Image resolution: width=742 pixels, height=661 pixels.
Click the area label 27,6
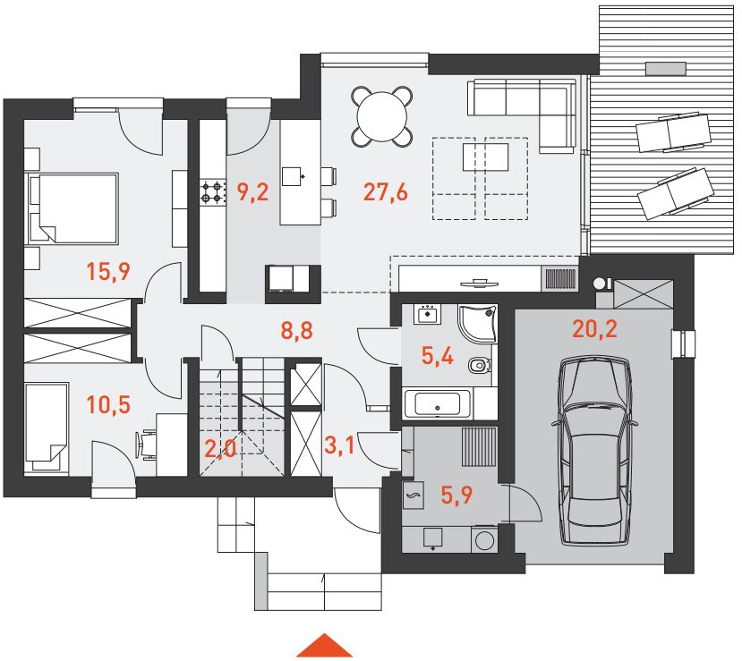385,192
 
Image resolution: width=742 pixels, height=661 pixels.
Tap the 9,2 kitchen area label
252,192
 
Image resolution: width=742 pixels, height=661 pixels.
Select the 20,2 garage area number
595,328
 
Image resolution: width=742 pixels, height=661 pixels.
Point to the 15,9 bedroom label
108,271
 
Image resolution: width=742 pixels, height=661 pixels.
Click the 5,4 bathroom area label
438,356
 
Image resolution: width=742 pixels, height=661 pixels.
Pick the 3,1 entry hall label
339,445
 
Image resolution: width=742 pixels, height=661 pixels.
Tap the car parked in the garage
595,452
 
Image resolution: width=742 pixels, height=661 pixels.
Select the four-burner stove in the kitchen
212,192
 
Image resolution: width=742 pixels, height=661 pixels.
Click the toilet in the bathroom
480,365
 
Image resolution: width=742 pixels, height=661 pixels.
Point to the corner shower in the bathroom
477,324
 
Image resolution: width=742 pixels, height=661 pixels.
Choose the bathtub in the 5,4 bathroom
437,404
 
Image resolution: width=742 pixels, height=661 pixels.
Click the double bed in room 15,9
72,208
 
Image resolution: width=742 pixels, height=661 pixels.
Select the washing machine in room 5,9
483,540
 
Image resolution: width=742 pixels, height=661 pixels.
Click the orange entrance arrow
325,646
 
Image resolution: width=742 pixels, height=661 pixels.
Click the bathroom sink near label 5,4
427,314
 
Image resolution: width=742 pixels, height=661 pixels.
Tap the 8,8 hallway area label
296,330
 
